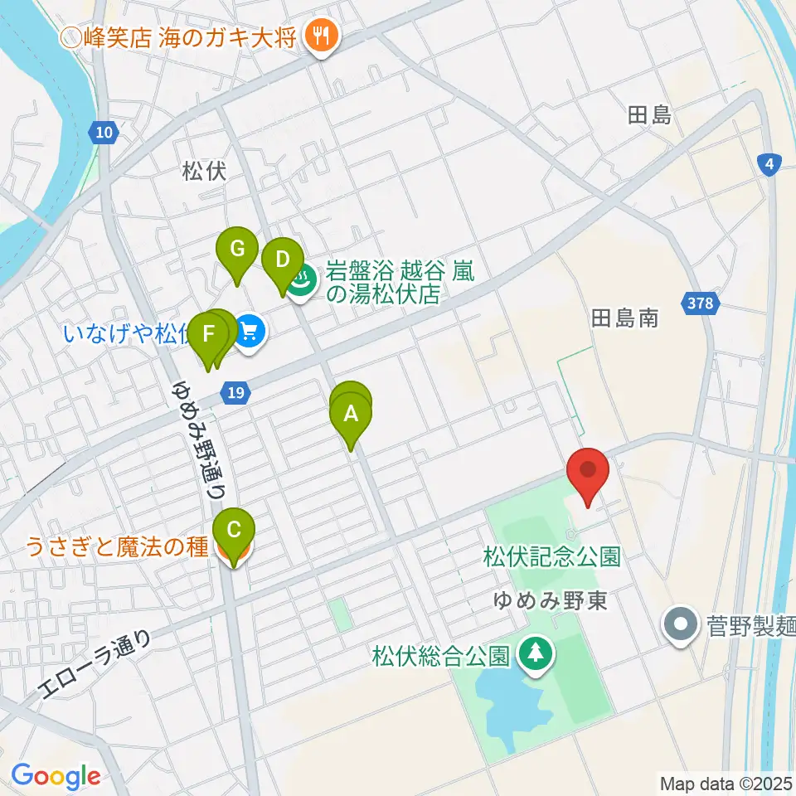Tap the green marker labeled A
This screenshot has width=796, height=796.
coord(351,412)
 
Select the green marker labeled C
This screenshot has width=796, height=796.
coord(234,529)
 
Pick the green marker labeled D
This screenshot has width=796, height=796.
coord(282,260)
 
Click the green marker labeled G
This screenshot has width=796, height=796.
coord(237,248)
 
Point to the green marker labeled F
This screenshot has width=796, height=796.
coord(208,336)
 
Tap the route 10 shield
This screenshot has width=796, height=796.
coord(100,131)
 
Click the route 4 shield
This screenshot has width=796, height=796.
coord(770,164)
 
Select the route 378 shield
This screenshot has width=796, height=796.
coord(700,303)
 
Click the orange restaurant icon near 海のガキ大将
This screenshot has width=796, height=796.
coord(319,36)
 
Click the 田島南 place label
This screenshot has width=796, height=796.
coord(625,318)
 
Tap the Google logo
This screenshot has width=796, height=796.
coord(56,776)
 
